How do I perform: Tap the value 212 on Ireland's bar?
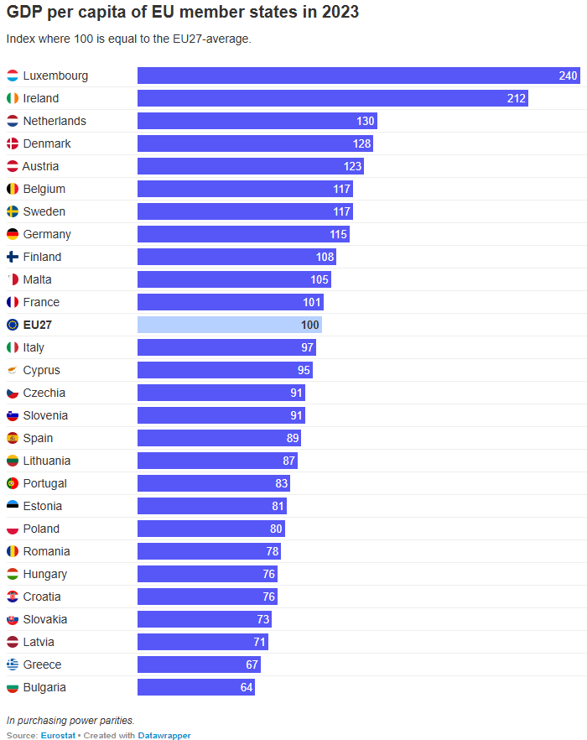[517, 98]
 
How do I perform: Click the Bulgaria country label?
[44, 687]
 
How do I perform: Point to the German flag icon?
[13, 234]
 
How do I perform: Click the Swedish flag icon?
[13, 211]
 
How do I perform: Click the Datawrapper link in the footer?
[164, 735]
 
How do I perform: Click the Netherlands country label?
[55, 121]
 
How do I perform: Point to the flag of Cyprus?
[13, 370]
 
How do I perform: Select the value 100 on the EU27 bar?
[310, 325]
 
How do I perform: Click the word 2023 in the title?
[331, 13]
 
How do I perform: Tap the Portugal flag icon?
[13, 483]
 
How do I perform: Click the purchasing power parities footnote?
[70, 720]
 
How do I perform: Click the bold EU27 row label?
[38, 325]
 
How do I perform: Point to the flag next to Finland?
[13, 257]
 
